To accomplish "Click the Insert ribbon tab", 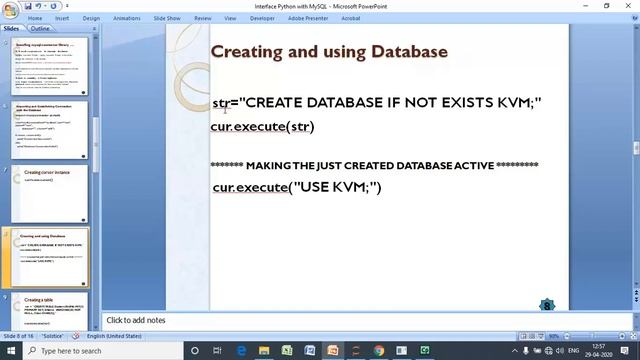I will pos(63,18).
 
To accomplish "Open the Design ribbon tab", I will pos(91,18).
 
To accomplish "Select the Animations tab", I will pos(127,18).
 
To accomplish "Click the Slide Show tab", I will pos(167,18).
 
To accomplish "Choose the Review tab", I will pos(203,18).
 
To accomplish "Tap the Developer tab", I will pos(262,18).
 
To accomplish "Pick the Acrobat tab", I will pos(351,18).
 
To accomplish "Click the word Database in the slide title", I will pos(409,51).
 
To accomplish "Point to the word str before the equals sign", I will pos(220,103).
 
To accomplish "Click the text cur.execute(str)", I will pos(262,126).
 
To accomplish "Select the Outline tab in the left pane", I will pos(40,29).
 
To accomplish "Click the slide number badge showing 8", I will pos(547,305).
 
